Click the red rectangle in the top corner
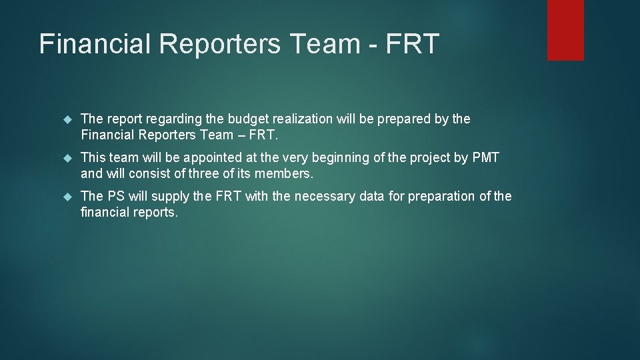point(565,30)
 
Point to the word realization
point(301,119)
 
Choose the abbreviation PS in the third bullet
point(116,197)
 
